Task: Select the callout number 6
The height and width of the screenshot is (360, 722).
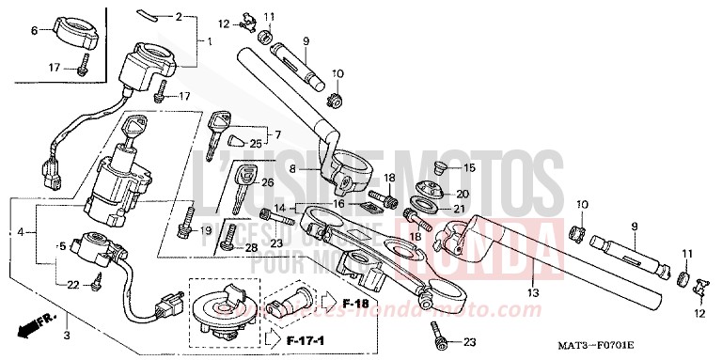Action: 35,31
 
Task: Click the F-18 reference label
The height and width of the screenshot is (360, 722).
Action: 330,304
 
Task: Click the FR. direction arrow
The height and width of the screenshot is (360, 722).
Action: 30,328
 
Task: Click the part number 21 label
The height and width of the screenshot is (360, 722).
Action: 460,208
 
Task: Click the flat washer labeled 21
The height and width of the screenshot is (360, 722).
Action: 424,206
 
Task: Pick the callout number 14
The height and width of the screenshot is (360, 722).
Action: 279,208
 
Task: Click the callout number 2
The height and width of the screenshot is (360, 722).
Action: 179,17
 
